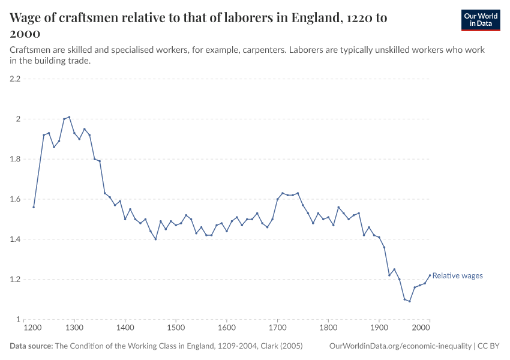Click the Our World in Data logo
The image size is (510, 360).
coord(480,20)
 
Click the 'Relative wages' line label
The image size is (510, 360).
coord(457,276)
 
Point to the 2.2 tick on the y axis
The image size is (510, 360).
coord(15,79)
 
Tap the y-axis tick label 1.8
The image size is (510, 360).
coord(15,159)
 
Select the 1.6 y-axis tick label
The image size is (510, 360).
coord(15,199)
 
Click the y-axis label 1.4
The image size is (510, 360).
coord(15,239)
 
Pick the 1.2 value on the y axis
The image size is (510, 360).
coord(15,280)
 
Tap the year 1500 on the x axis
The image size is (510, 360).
coord(176,328)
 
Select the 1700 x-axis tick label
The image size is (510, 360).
coord(277,328)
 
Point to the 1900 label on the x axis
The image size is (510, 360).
coord(379,328)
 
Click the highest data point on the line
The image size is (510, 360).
coord(69,117)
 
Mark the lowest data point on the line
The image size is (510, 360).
coord(410,301)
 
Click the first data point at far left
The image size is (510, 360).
coord(34,207)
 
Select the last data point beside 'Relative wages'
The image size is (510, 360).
coord(430,275)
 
